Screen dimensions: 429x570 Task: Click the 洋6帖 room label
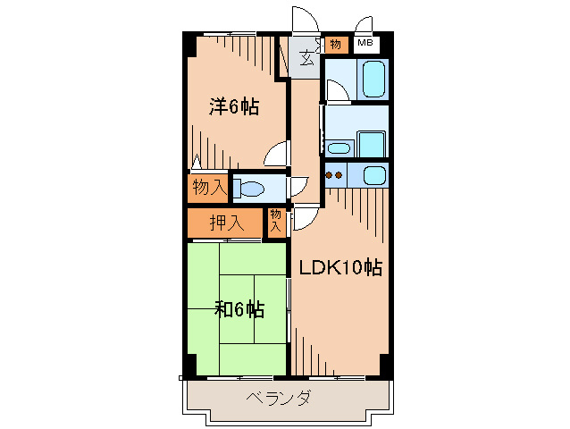[234, 107]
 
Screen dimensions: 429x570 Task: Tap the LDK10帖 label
[340, 267]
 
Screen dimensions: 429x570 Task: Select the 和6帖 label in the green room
[239, 310]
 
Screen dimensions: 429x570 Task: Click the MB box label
[365, 43]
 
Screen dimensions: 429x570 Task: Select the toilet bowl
[251, 189]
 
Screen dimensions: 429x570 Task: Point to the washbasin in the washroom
[339, 148]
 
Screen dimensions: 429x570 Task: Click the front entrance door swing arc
[304, 20]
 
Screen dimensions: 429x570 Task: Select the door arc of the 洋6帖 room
[276, 155]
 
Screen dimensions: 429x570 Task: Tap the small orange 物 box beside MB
[335, 43]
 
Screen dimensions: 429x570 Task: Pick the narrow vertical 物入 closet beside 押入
[275, 221]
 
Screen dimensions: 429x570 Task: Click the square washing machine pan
[371, 143]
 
